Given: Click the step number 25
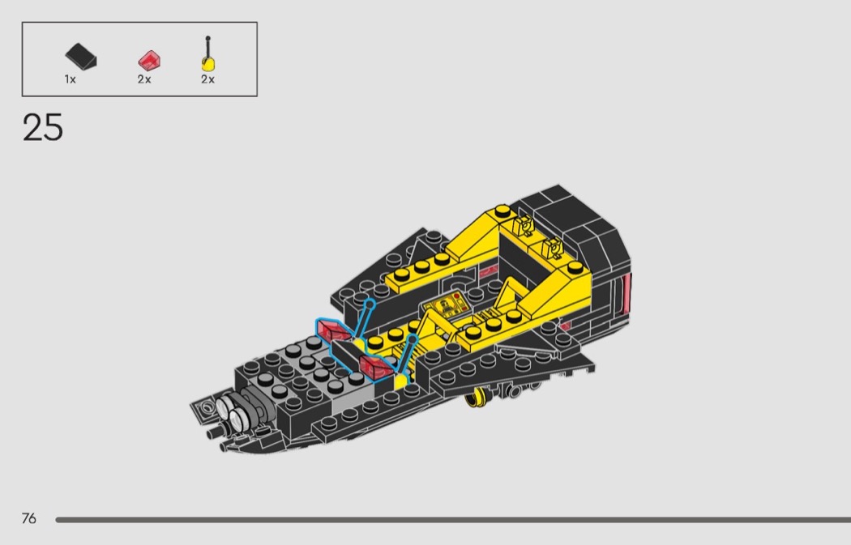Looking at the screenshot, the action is click(43, 127).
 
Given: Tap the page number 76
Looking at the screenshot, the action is click(28, 518).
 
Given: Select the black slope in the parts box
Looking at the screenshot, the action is click(81, 56).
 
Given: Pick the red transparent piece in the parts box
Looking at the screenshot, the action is click(149, 60).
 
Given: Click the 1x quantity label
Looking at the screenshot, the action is click(70, 79).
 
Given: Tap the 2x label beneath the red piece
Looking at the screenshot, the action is click(143, 79).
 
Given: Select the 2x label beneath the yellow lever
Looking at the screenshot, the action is click(207, 79).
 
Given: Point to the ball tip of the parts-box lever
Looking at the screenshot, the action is click(207, 39).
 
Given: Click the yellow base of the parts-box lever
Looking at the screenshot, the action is click(208, 64).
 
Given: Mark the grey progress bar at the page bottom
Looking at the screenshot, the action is click(453, 520).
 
